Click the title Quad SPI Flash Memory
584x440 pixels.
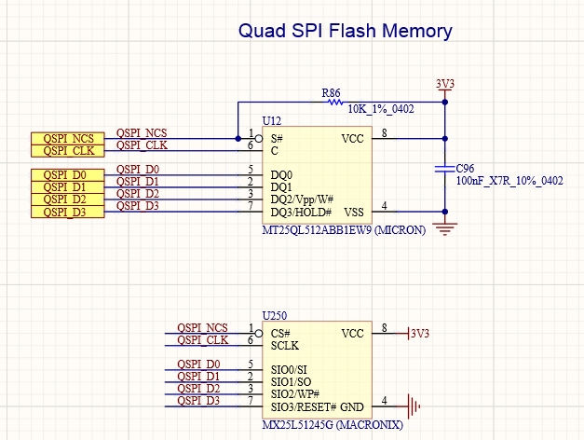pyautogui.click(x=346, y=31)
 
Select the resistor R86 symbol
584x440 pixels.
pyautogui.click(x=332, y=101)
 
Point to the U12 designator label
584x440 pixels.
pyautogui.click(x=272, y=122)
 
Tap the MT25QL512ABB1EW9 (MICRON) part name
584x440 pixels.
pyautogui.click(x=344, y=229)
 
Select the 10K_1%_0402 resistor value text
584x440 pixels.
pyautogui.click(x=380, y=109)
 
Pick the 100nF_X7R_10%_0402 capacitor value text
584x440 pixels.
pyautogui.click(x=509, y=180)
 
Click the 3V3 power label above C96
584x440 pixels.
pyautogui.click(x=445, y=84)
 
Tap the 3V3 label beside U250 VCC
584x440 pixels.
pyautogui.click(x=420, y=334)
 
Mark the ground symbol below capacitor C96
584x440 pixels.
pyautogui.click(x=445, y=227)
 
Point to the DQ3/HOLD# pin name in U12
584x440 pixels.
pyautogui.click(x=306, y=212)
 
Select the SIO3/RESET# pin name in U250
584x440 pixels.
pyautogui.click(x=304, y=406)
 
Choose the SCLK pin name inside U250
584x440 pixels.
pyautogui.click(x=285, y=345)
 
